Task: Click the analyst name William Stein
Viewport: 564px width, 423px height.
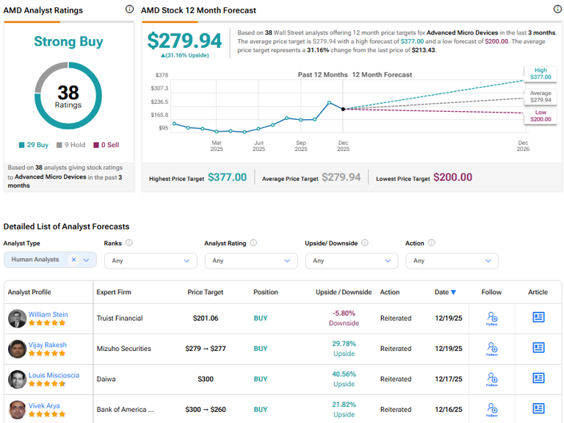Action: point(48,314)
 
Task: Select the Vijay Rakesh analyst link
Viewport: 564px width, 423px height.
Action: point(48,344)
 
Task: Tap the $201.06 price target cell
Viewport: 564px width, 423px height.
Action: point(205,318)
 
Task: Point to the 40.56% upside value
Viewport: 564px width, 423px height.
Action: point(344,374)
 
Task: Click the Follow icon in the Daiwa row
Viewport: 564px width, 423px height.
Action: point(491,379)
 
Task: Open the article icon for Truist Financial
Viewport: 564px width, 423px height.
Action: point(538,318)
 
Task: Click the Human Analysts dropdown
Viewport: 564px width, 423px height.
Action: point(50,260)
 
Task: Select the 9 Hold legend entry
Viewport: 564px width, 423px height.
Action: point(73,145)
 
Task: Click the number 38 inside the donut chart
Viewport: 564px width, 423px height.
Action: point(68,92)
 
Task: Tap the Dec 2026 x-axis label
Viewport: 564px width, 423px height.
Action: point(523,146)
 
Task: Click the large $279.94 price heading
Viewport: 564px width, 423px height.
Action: point(184,41)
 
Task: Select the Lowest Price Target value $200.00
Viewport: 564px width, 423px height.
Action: point(452,177)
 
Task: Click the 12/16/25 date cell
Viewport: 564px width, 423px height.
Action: point(448,409)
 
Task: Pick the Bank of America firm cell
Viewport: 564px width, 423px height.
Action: point(126,409)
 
